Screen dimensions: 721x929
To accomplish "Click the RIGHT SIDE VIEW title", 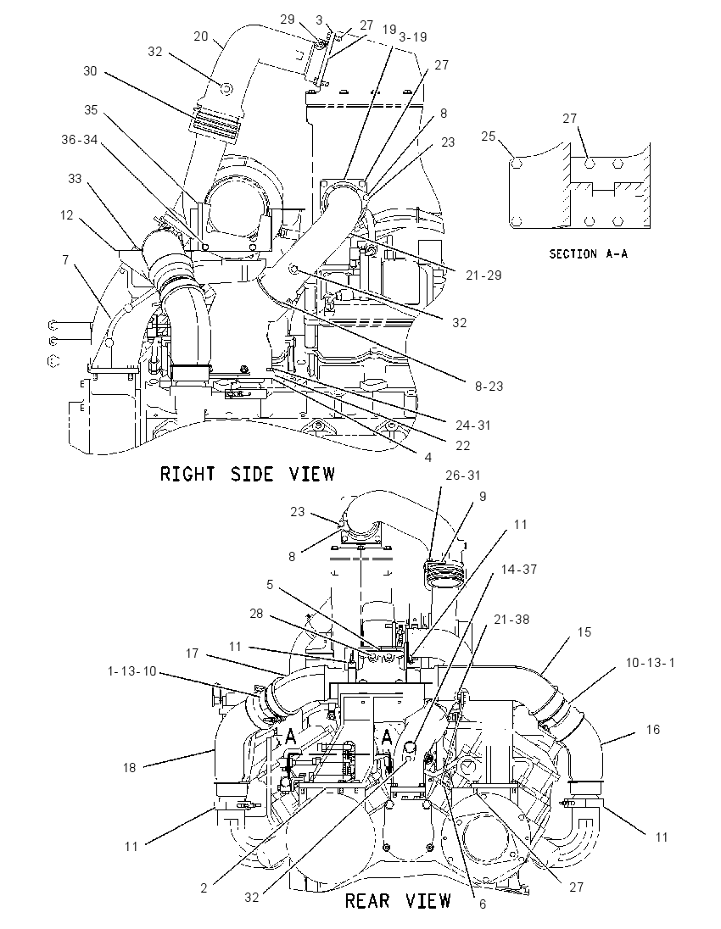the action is coord(247,474).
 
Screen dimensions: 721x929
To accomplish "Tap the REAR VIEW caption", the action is coord(398,901).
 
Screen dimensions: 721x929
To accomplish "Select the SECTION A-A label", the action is coord(588,253).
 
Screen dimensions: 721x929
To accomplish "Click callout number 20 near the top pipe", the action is coord(201,36).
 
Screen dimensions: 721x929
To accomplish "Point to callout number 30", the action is coord(90,71).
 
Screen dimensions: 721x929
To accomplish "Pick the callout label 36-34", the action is coord(80,139).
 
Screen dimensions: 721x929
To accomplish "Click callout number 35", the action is coord(91,109).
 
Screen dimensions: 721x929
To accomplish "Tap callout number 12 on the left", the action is coord(66,214).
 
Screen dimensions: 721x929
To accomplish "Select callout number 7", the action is coord(65,259).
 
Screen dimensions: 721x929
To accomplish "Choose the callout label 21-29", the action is coord(483,275).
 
